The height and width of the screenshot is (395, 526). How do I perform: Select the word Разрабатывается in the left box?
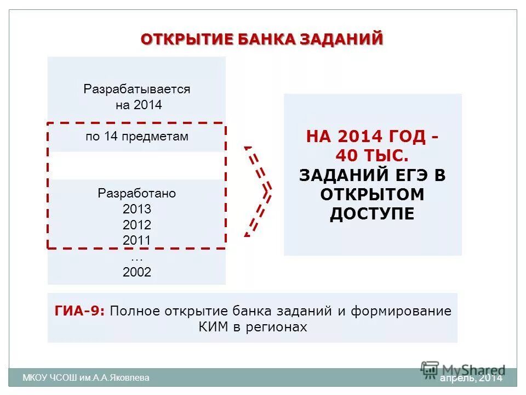137,89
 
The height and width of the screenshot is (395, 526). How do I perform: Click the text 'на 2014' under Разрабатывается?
139,105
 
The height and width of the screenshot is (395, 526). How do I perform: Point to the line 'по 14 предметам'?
137,137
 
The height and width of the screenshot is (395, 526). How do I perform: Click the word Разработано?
137,194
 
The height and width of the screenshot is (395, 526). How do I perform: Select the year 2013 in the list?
137,209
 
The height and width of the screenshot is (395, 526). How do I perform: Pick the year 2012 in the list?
137,225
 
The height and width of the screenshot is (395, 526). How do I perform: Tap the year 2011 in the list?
137,240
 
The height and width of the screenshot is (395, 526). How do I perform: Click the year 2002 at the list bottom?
137,272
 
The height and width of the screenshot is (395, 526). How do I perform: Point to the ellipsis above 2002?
137,256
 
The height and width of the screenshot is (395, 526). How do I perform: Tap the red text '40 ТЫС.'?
372,156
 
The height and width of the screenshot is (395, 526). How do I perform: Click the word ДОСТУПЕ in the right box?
372,213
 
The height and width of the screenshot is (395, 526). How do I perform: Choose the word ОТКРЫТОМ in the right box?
372,194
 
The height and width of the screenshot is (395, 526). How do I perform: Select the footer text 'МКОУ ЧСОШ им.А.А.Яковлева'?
85,377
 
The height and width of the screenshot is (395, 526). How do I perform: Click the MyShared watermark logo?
463,369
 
